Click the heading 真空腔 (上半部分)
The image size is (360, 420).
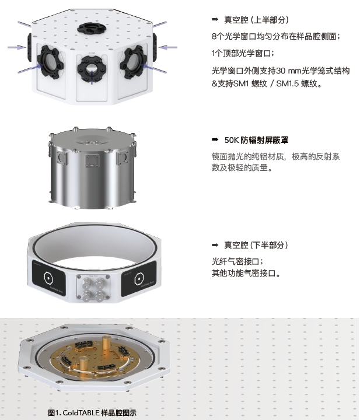256,20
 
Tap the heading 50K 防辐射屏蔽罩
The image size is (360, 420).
256,140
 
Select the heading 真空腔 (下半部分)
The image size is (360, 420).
256,245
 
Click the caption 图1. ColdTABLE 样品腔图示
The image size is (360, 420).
92,412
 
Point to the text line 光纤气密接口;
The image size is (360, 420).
237,261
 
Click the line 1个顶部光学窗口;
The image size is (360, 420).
243,53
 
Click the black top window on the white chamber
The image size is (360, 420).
92,28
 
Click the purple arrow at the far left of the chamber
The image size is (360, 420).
16,47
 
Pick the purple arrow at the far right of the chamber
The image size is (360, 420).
167,47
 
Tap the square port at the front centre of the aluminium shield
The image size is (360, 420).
92,161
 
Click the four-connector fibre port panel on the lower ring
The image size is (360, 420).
93,287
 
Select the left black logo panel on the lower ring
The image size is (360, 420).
49,278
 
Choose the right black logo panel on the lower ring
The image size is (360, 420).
139,279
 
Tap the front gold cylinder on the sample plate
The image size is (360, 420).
84,364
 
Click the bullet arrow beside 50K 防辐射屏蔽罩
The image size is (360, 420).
215,139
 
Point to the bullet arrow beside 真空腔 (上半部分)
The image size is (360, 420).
215,19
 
